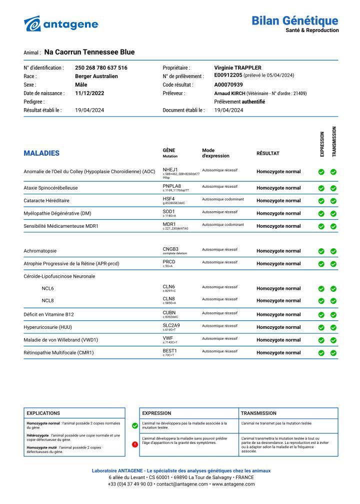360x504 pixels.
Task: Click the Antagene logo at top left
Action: [61, 24]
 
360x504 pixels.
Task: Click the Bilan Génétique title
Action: [294, 21]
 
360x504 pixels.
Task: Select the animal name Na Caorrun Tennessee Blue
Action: [89, 52]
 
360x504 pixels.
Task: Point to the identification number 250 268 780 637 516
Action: [101, 68]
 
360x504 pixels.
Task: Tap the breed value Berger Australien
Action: [96, 76]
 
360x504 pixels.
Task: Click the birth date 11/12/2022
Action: [89, 93]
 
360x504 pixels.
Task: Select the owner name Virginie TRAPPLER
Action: [237, 68]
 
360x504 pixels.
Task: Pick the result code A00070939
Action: [228, 85]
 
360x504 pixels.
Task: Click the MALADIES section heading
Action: [41, 153]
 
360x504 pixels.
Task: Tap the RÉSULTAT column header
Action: [268, 153]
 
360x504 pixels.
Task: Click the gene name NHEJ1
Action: [170, 170]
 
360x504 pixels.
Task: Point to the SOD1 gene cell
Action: [168, 212]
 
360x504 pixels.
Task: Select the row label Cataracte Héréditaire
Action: [46, 201]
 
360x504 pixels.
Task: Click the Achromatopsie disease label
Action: [40, 251]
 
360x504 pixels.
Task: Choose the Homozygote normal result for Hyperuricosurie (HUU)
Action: [278, 327]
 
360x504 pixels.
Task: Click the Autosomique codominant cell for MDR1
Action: [223, 225]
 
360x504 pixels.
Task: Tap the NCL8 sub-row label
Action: [47, 301]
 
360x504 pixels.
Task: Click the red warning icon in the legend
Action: [134, 444]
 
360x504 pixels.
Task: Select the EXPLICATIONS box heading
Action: [43, 413]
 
